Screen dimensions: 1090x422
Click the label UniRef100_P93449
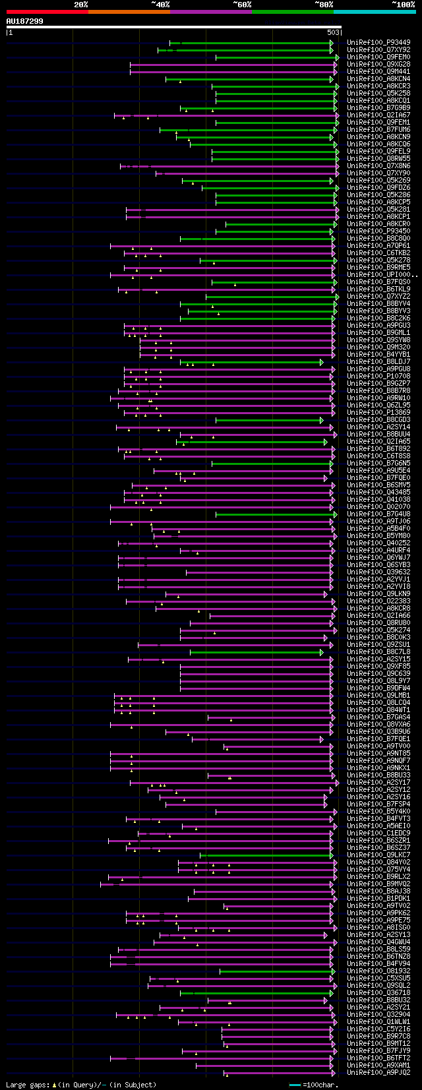pos(378,43)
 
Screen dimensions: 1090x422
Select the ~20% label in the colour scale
pos(80,5)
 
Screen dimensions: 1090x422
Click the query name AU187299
pos(24,21)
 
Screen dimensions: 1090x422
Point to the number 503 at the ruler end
pos(333,32)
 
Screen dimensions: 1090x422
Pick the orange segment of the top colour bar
pos(129,11)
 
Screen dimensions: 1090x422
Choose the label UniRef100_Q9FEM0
pos(378,57)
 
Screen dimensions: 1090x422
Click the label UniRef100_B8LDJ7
pos(378,362)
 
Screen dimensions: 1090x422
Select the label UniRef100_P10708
pos(378,377)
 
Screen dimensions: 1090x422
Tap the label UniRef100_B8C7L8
pos(378,652)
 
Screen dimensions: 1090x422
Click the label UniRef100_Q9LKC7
pos(378,855)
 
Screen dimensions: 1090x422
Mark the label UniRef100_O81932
pos(378,971)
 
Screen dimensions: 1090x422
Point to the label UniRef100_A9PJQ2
pos(378,1073)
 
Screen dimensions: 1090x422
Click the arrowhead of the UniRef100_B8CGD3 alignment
pos(322,420)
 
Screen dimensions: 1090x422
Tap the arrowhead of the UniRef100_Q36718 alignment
pos(332,993)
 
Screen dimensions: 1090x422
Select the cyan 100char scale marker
pos(294,1085)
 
